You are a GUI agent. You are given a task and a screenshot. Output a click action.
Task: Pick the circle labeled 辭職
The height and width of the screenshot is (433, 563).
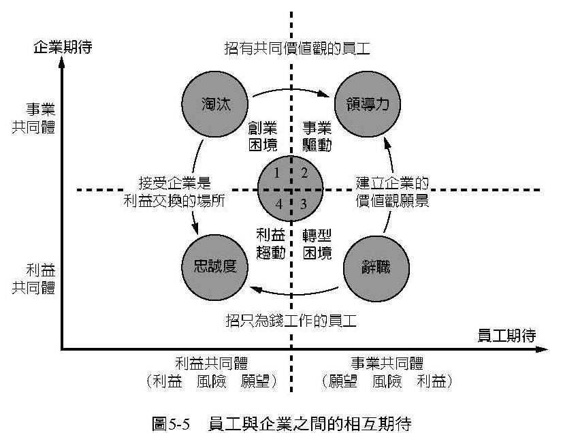(x=376, y=266)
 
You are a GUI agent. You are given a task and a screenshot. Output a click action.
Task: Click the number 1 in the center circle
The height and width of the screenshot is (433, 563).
(x=277, y=173)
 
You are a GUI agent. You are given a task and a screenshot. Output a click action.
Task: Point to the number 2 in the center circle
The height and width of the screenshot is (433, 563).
(x=304, y=173)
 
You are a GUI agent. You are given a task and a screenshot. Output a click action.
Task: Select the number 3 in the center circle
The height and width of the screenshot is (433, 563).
(x=304, y=203)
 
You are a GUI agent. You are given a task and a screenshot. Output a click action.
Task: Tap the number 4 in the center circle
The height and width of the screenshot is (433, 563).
(x=277, y=203)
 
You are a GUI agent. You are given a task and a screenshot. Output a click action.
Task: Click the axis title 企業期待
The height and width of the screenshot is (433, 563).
(x=62, y=48)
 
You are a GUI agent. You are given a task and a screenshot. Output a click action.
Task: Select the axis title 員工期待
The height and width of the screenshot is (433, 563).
(x=507, y=335)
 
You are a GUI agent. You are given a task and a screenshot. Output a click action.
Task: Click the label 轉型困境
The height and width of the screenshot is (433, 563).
(x=317, y=244)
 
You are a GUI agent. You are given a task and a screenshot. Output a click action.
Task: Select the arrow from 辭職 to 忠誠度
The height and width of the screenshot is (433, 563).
(x=293, y=295)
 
